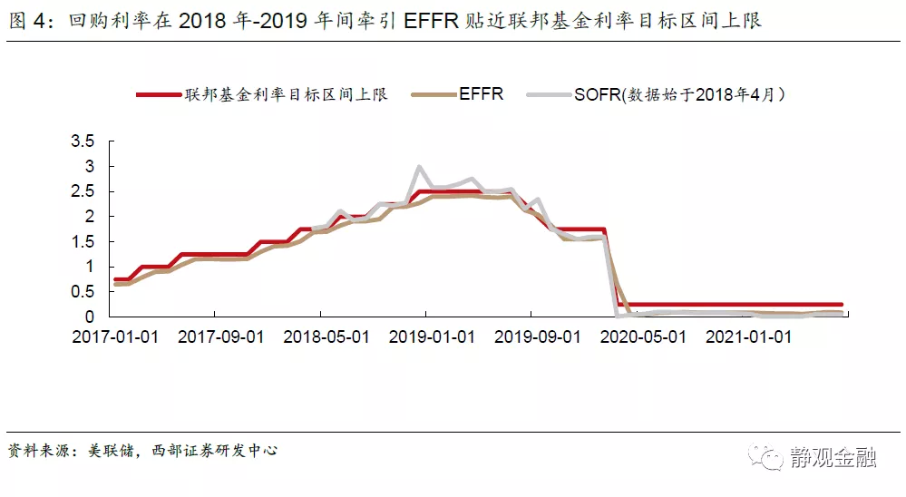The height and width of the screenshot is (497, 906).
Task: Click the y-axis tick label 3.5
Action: point(83,141)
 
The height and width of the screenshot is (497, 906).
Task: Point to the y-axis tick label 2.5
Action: point(83,191)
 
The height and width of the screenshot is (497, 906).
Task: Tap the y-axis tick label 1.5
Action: point(83,242)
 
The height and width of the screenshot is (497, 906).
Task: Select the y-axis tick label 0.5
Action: point(83,292)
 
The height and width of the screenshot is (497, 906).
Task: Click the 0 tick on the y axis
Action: point(90,317)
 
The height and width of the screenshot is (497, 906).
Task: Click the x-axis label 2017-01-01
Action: point(115,337)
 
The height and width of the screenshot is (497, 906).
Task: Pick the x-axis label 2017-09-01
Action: point(220,337)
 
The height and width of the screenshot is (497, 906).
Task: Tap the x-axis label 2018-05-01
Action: point(326,337)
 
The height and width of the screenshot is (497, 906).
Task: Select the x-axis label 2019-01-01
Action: point(432,337)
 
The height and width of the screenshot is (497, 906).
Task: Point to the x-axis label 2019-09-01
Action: point(538,337)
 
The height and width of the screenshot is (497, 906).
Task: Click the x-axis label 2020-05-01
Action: point(643,337)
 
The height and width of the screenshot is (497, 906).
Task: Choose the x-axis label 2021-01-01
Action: point(749,337)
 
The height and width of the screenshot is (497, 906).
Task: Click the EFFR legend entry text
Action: point(481,93)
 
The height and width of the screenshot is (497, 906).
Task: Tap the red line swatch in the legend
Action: point(158,93)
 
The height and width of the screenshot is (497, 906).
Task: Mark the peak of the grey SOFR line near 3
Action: point(419,168)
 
